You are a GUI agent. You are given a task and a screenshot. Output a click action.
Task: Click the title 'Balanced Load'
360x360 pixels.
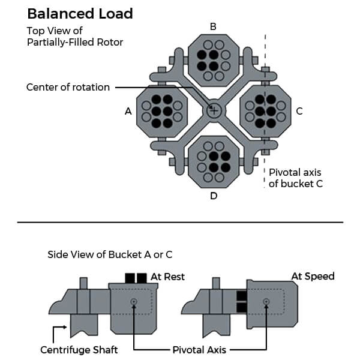click(80, 13)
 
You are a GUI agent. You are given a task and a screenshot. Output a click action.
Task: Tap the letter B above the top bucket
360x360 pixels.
click(213, 26)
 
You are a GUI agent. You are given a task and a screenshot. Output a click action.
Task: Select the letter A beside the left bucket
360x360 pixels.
click(128, 111)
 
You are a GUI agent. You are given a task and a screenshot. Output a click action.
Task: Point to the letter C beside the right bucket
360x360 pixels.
click(299, 111)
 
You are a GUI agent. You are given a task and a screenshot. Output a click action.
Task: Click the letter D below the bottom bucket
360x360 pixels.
click(213, 196)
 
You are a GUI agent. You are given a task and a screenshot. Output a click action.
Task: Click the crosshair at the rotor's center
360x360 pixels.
click(214, 110)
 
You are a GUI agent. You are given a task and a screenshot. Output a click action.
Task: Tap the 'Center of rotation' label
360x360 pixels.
click(68, 87)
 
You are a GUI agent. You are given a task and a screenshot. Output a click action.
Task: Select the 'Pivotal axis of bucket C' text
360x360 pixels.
click(295, 178)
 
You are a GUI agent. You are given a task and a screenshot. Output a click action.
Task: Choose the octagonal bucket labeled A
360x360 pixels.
click(163, 110)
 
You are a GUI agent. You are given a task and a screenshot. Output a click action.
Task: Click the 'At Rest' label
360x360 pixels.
click(167, 277)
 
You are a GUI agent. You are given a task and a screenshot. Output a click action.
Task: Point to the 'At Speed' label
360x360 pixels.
click(313, 276)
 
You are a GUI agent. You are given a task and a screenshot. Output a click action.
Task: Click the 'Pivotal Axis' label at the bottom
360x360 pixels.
click(199, 350)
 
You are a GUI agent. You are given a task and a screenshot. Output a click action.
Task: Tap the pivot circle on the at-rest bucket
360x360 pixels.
click(133, 301)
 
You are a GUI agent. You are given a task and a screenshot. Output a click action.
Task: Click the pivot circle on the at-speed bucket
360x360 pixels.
click(265, 301)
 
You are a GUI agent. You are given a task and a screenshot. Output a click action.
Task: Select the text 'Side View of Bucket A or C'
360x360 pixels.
click(110, 254)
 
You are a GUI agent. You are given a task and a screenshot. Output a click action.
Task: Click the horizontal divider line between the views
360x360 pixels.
click(180, 223)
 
